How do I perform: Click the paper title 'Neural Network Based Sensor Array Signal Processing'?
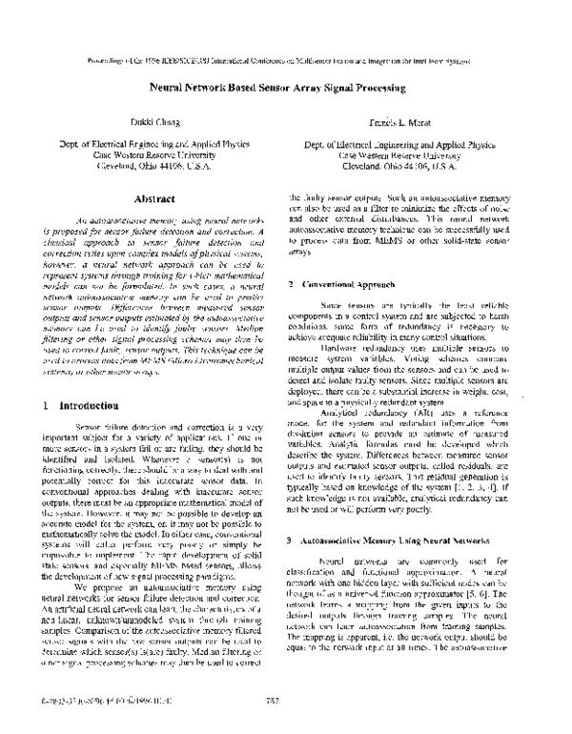tap(286, 84)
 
